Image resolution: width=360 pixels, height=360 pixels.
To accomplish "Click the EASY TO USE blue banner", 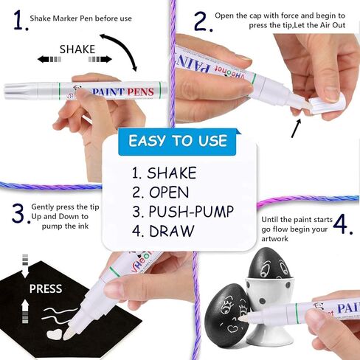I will [x=178, y=140].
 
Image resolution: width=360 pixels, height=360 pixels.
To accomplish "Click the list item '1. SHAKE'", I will [x=164, y=173].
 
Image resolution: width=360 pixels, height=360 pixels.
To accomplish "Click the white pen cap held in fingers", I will [x=321, y=100].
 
